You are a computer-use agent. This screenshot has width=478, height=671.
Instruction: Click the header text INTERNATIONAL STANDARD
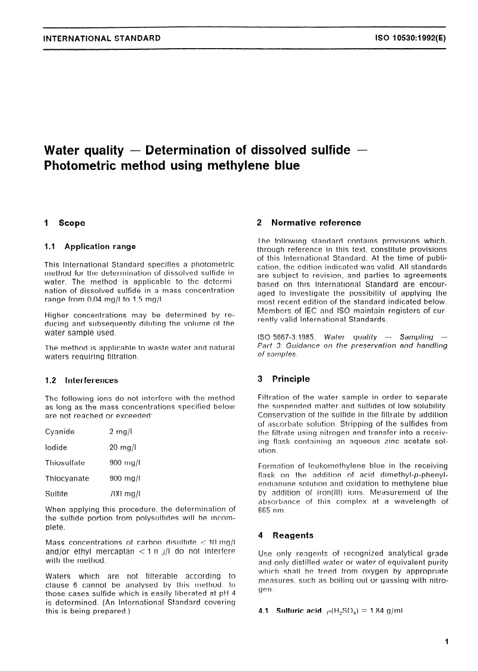(x=102, y=39)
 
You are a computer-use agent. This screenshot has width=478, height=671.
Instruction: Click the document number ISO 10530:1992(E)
(x=410, y=39)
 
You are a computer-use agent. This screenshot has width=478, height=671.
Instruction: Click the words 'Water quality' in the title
(x=83, y=150)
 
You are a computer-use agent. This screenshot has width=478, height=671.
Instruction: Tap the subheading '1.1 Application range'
(x=90, y=246)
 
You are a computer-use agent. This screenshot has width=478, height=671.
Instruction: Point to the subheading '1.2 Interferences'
(x=81, y=380)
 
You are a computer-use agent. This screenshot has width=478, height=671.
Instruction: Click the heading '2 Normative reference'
(x=308, y=223)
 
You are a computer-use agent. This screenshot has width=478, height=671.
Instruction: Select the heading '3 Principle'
(x=283, y=379)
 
